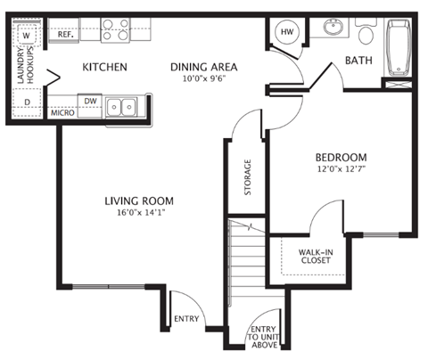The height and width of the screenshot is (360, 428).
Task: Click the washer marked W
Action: (26, 36)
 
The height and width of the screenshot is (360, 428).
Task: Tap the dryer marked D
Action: (26, 102)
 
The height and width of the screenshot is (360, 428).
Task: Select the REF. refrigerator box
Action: (65, 36)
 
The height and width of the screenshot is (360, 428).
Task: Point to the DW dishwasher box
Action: (90, 102)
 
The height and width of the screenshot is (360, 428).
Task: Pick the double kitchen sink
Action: (122, 107)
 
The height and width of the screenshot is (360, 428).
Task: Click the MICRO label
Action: (61, 113)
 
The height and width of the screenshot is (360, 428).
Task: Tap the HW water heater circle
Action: (286, 32)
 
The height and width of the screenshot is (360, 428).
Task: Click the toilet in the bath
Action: (366, 34)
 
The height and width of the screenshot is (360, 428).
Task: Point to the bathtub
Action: (396, 48)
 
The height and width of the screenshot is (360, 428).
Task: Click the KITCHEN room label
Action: (104, 67)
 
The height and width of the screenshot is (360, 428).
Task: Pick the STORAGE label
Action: (248, 177)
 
